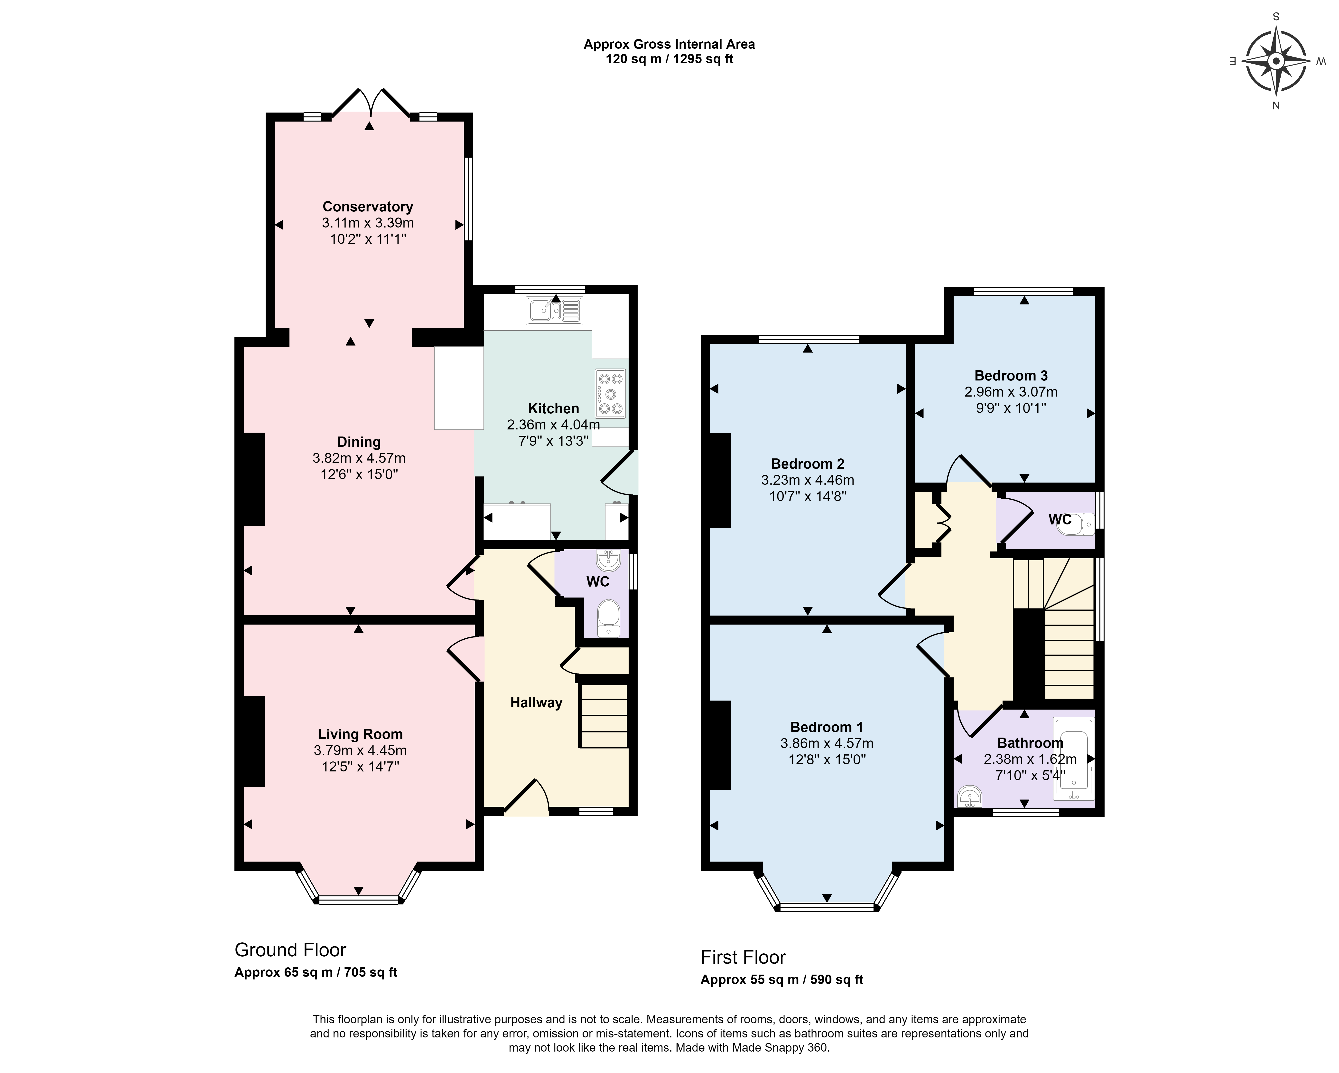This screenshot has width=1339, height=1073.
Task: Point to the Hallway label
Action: pyautogui.click(x=536, y=703)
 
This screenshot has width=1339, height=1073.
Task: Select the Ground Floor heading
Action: pyautogui.click(x=290, y=950)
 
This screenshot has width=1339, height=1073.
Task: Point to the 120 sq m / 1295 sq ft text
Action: pyautogui.click(x=669, y=60)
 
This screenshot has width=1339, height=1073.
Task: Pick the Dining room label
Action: pyautogui.click(x=359, y=442)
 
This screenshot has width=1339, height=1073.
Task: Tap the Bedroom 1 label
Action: pyautogui.click(x=827, y=727)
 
